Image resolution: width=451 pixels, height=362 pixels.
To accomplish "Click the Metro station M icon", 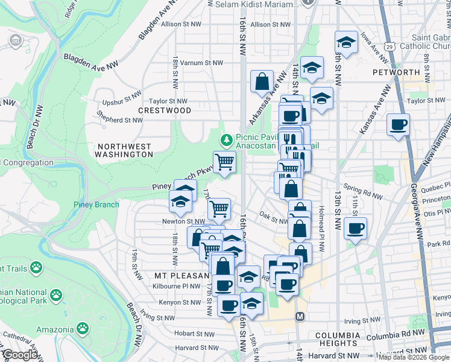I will (300, 317).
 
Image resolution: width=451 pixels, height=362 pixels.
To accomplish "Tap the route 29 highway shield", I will (391, 46).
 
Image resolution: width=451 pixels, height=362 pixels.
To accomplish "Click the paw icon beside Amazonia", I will (82, 329).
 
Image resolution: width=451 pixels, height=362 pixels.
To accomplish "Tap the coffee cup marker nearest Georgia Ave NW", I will (398, 125).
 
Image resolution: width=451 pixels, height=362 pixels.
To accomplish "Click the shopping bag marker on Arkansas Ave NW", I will (262, 81).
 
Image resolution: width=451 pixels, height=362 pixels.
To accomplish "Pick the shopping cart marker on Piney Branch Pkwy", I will (224, 162).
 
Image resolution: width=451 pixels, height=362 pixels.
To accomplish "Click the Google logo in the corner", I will (20, 355).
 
